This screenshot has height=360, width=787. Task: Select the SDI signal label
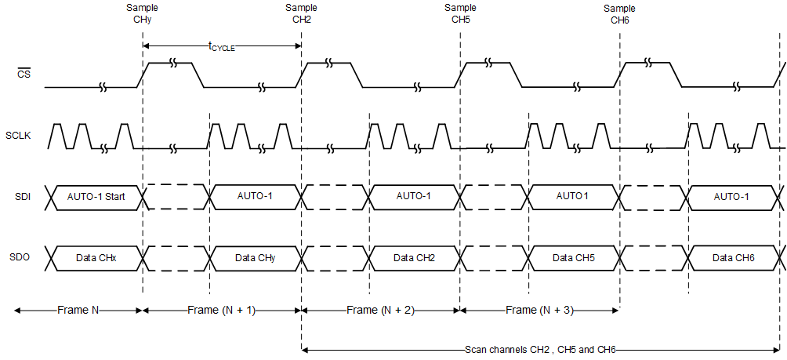22,196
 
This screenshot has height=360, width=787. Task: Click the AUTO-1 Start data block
96,196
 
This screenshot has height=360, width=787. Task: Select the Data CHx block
96,256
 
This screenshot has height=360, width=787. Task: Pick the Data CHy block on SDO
256,256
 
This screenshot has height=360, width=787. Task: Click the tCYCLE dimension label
222,47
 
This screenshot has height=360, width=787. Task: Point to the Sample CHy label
142,14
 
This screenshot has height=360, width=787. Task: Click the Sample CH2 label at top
302,14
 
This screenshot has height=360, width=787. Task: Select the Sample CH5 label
460,14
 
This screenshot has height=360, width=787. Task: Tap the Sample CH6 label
619,14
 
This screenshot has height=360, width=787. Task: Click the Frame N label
78,311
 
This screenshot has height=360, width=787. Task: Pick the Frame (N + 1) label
222,311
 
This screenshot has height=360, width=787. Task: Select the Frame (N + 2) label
380,311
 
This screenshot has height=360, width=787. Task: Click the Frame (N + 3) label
539,311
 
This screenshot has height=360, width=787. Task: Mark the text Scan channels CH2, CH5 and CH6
542,350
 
